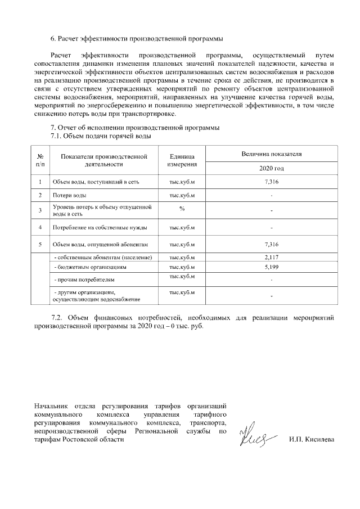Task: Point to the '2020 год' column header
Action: pyautogui.click(x=271, y=168)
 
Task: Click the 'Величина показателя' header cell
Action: pyautogui.click(x=271, y=153)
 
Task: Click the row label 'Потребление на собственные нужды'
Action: pyautogui.click(x=100, y=228)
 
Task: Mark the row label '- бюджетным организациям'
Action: pyautogui.click(x=90, y=267)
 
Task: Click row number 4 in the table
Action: pyautogui.click(x=40, y=228)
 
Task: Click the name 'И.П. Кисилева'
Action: pyautogui.click(x=311, y=439)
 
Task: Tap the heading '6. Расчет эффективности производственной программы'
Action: pyautogui.click(x=137, y=39)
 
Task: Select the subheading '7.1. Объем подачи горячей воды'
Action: pyautogui.click(x=101, y=136)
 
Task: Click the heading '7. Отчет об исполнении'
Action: pyautogui.click(x=135, y=127)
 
